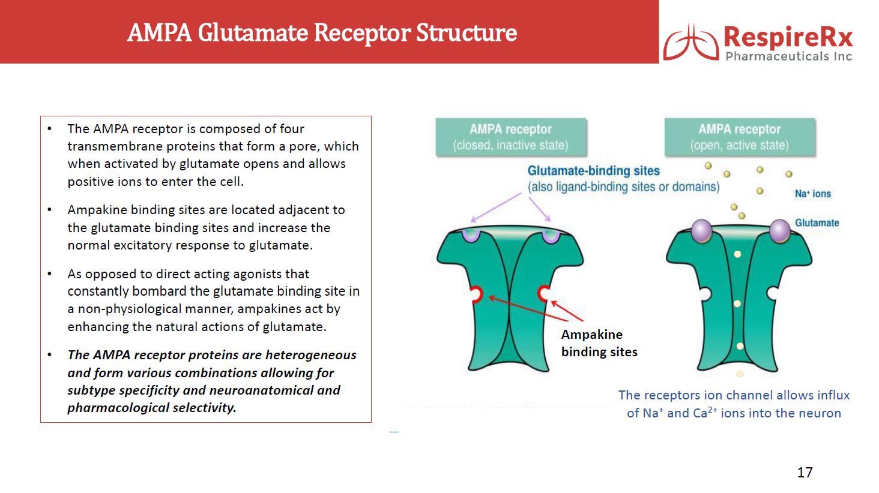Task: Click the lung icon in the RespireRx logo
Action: coord(691,42)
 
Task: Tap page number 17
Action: coord(805,472)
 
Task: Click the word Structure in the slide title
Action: coord(467,32)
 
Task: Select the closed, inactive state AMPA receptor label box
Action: coord(510,137)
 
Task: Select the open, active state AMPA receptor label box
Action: coord(740,137)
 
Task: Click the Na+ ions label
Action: coord(813,194)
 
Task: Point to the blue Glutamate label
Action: coord(817,223)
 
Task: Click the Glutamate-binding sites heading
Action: coord(593,171)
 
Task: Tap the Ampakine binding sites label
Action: coord(599,343)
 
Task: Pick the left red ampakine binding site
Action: coord(477,294)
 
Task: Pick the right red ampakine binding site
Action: coord(543,294)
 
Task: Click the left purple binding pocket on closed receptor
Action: coord(471,235)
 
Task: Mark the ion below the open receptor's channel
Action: coord(740,374)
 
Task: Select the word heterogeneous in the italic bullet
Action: coord(311,355)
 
